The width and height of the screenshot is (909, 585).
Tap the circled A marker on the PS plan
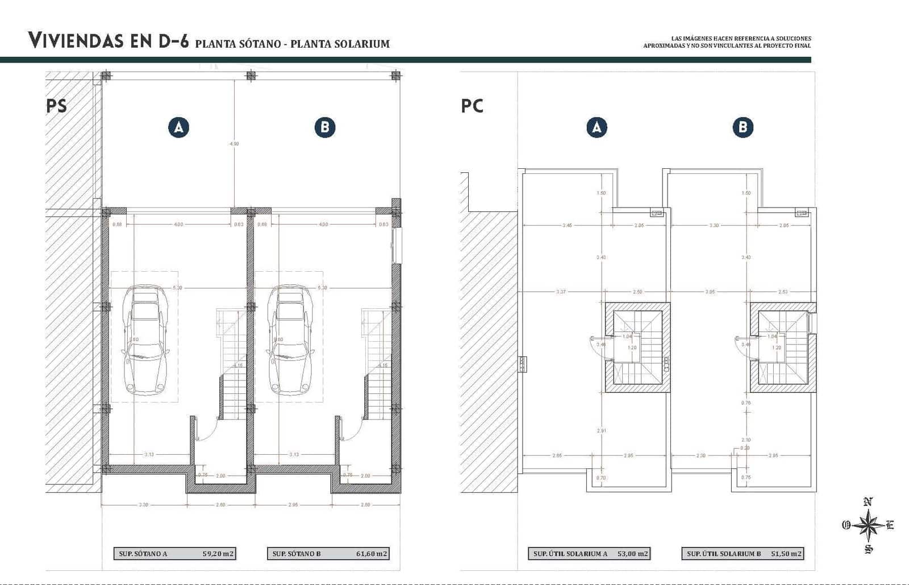point(178,127)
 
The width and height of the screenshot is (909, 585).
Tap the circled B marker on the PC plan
point(743,127)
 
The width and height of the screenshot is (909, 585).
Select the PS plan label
point(56,106)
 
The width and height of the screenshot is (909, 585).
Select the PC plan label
point(472,106)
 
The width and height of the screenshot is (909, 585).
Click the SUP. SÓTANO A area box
point(174,553)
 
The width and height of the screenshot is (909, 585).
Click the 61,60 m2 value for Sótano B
point(372,553)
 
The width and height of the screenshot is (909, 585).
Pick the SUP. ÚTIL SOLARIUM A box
point(589,553)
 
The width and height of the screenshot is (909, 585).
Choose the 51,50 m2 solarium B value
point(786,553)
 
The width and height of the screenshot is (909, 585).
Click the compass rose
point(868,525)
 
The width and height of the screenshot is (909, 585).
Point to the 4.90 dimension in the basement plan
point(234,144)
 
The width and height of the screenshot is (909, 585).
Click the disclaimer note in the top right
point(727,42)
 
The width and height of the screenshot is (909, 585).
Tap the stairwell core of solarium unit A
point(637,347)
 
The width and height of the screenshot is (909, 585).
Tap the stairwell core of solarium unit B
point(783,347)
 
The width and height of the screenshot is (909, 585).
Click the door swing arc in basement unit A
point(207,431)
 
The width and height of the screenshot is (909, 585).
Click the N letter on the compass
point(868,501)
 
